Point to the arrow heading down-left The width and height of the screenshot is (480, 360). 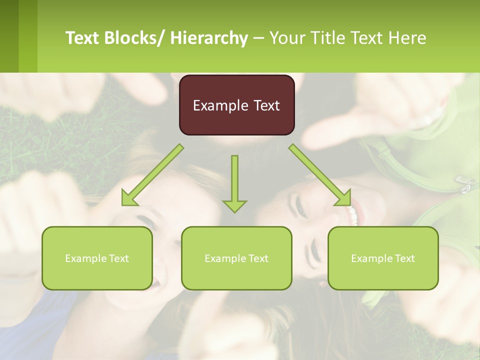pyautogui.click(x=152, y=175)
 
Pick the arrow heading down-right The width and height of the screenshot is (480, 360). pyautogui.click(x=320, y=175)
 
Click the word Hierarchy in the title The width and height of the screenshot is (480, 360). pyautogui.click(x=209, y=38)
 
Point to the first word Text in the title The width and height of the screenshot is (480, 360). pyautogui.click(x=83, y=38)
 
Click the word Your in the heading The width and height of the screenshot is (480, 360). pyautogui.click(x=286, y=38)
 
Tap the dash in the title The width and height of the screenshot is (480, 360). pyautogui.click(x=258, y=38)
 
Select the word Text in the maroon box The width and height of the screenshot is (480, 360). pyautogui.click(x=265, y=106)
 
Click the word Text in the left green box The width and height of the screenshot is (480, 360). pyautogui.click(x=118, y=258)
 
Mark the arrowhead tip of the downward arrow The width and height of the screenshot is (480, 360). pyautogui.click(x=234, y=212)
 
